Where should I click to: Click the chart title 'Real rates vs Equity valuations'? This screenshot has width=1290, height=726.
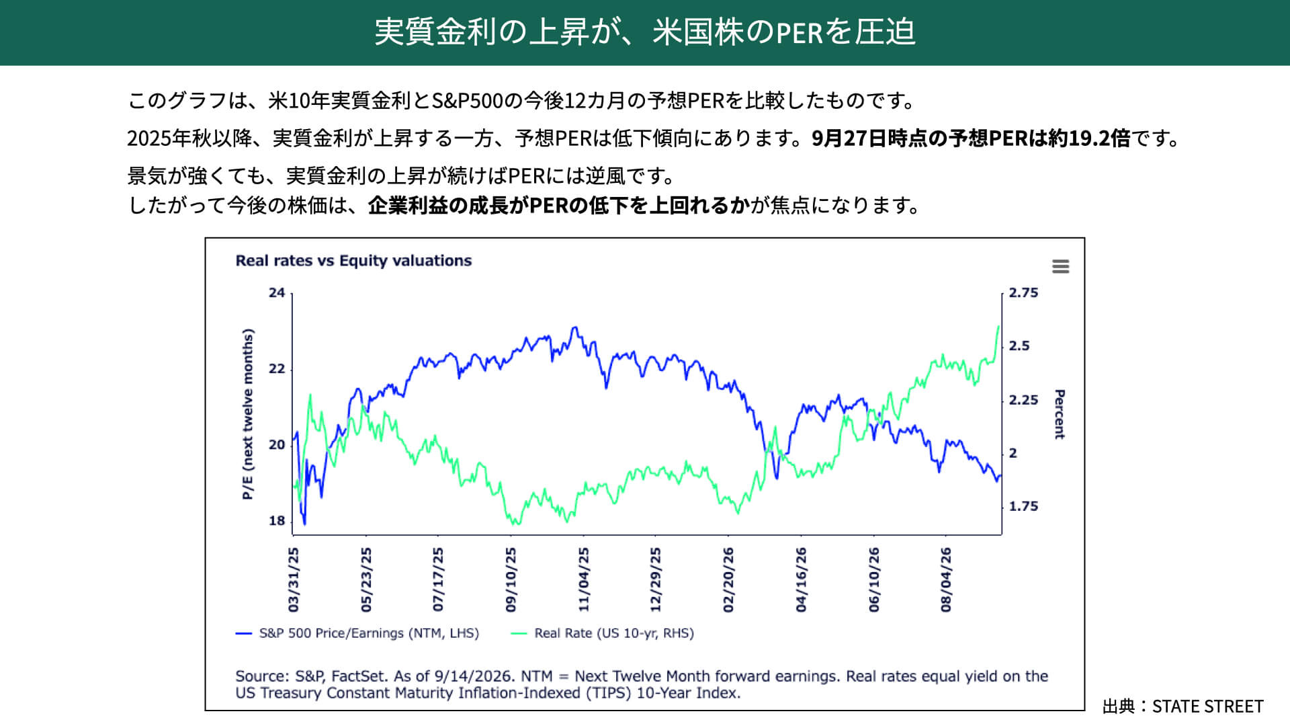coord(353,261)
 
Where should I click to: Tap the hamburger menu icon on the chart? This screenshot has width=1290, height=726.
coord(1060,267)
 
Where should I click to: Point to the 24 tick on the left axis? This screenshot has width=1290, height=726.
coord(277,293)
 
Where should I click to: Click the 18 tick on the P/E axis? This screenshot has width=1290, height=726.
coord(277,521)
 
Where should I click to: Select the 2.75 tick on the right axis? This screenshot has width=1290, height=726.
coord(1023,293)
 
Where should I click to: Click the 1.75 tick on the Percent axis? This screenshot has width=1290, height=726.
coord(1023,506)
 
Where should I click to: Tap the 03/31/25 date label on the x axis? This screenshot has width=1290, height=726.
coord(294,579)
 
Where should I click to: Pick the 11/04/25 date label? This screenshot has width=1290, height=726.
coord(584,579)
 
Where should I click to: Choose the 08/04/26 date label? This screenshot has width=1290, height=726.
coord(946,579)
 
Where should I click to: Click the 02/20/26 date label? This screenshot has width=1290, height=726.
coord(728,579)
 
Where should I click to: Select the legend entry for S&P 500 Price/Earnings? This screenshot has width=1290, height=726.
coord(357,633)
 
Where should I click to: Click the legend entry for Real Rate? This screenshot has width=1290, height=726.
coord(603,633)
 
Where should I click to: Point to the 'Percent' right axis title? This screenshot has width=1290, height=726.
coord(1060,414)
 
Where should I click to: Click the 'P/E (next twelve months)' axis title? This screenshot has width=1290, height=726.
coord(248,414)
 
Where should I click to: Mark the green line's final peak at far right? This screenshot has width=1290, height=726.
coord(998,327)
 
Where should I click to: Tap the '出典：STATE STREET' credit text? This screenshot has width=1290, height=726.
coord(1183,707)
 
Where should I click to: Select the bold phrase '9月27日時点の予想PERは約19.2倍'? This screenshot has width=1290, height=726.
coord(971,138)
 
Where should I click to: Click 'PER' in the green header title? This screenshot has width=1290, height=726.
coord(800,32)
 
